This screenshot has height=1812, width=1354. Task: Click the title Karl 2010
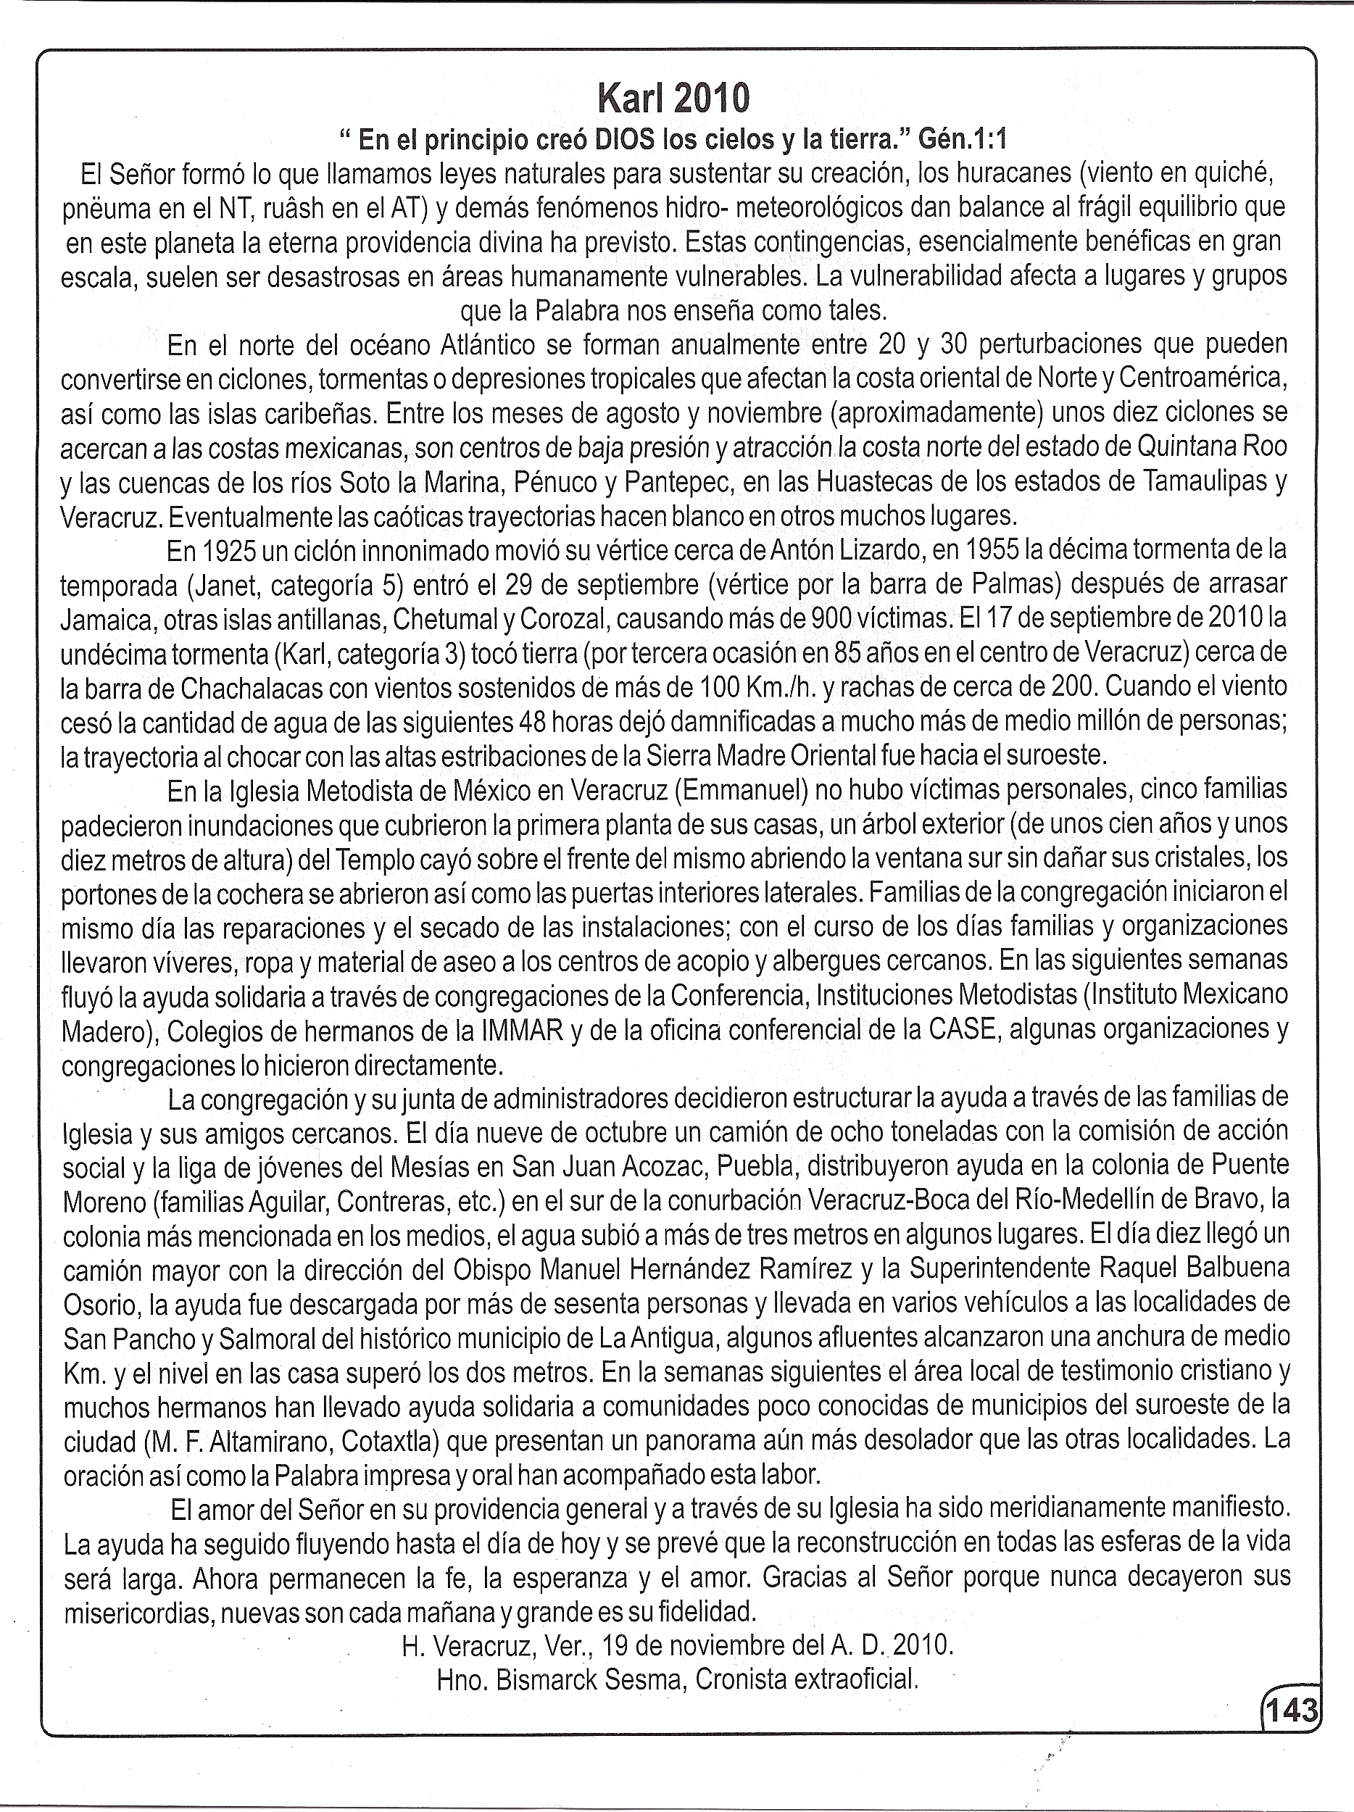click(x=673, y=99)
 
